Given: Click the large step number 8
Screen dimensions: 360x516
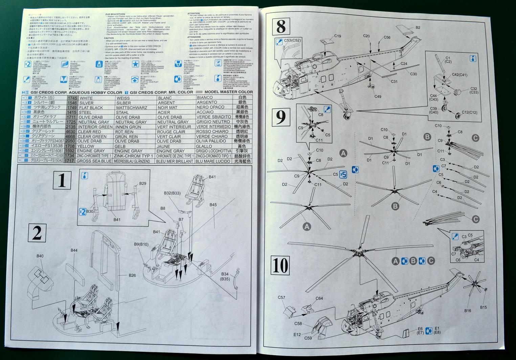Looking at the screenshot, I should tap(281, 26).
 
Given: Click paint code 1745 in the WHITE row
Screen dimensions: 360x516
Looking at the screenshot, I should tap(72, 98).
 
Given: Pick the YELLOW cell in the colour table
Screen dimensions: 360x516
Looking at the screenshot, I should tap(86, 146).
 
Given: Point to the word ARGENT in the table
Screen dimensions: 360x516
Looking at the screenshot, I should tap(166, 103).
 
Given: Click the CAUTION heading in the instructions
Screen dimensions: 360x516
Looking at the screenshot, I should tap(109, 38).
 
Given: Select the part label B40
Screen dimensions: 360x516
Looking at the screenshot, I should tap(40, 256).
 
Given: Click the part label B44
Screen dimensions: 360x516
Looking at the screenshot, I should tap(74, 250).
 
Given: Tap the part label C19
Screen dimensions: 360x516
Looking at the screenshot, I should tap(338, 36).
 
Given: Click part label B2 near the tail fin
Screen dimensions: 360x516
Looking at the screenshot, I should tap(418, 27).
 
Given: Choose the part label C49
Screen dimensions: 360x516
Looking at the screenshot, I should tap(378, 96).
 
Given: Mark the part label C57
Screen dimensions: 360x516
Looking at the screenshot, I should tap(282, 297).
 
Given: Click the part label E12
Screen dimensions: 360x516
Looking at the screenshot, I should tap(297, 335).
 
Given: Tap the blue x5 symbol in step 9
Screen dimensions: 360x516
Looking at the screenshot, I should tap(343, 175).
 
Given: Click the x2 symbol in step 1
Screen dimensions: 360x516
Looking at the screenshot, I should tap(82, 212).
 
